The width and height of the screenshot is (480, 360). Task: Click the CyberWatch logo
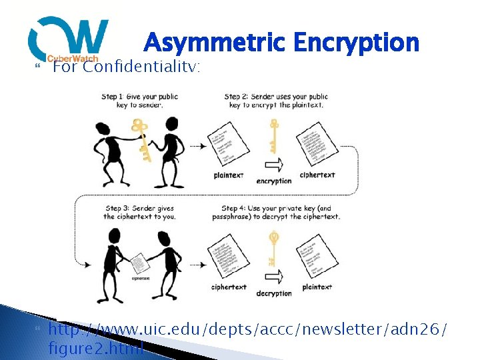(x=67, y=39)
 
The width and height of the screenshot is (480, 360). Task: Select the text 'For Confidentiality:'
(x=127, y=67)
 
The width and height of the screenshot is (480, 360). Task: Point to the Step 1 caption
(x=139, y=101)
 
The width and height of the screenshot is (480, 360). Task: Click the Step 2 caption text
(x=276, y=101)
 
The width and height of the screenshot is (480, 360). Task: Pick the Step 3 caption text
(x=139, y=213)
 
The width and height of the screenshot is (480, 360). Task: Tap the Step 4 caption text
(x=281, y=213)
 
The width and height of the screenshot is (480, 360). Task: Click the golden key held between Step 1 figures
(x=141, y=140)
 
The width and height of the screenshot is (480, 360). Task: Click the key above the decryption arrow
(x=273, y=250)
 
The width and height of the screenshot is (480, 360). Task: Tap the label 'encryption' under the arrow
(x=273, y=181)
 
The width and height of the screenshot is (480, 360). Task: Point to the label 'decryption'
(x=273, y=293)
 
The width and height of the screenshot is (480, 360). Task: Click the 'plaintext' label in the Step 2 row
(x=229, y=175)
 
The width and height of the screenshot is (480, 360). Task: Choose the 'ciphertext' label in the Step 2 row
(x=317, y=175)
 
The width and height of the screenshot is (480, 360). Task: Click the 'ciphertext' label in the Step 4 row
(x=229, y=287)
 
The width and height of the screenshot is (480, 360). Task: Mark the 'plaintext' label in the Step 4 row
(x=318, y=287)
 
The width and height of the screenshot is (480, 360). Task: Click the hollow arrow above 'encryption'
(x=273, y=165)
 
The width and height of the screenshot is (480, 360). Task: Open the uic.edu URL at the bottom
(x=248, y=338)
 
